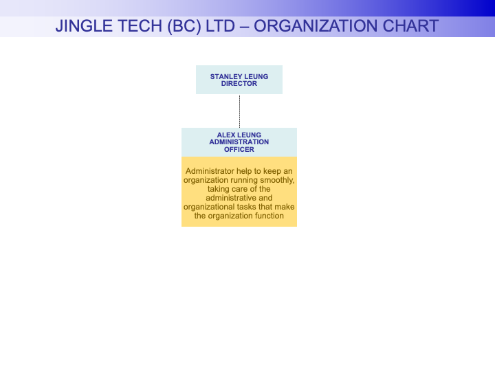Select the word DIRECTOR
point(239,84)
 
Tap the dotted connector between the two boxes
point(239,111)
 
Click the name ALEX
point(227,135)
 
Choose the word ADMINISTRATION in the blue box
point(239,142)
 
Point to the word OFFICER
point(239,150)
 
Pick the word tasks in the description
point(247,207)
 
